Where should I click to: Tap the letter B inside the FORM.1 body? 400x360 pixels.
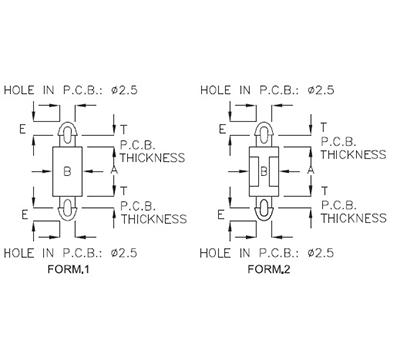(x=66, y=171)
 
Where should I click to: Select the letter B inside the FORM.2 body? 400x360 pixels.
(x=262, y=171)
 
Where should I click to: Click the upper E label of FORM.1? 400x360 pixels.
(x=21, y=129)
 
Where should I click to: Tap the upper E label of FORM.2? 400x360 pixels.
(x=217, y=129)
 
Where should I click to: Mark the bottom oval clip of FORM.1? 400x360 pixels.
(x=66, y=209)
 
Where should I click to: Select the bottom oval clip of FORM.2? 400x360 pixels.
(x=262, y=209)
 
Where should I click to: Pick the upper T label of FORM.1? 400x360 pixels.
(x=123, y=129)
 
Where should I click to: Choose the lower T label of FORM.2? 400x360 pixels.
(x=320, y=190)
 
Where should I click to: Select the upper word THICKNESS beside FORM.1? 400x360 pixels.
(x=153, y=157)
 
